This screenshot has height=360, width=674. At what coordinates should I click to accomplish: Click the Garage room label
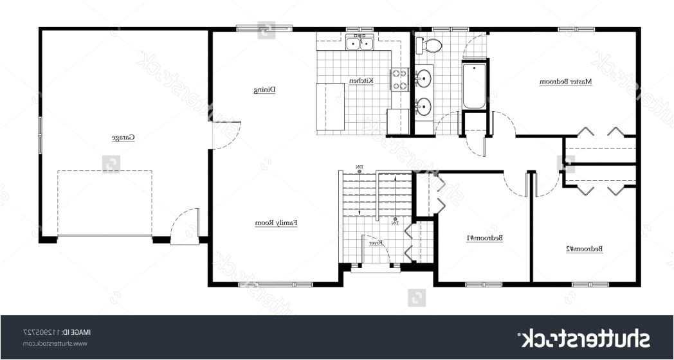point(123,138)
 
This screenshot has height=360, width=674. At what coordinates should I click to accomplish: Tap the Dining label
point(264,90)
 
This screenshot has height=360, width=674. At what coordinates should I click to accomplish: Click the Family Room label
point(277,223)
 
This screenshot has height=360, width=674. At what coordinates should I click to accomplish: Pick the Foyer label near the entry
point(376,243)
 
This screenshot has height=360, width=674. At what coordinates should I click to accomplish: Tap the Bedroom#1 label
point(484,238)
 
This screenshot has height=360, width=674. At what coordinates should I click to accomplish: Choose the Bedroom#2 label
point(583,248)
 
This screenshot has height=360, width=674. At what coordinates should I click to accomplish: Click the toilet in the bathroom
point(430,45)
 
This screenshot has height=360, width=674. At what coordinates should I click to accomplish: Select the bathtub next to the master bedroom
point(475,85)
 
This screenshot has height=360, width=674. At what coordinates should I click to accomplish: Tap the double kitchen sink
point(360,44)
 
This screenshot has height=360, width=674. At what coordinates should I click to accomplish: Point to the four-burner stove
point(400,79)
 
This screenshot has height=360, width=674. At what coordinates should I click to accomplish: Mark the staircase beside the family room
point(376,193)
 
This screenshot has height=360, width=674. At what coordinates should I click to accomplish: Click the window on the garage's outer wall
point(40,134)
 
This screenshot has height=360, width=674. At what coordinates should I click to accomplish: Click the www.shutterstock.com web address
point(54,344)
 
